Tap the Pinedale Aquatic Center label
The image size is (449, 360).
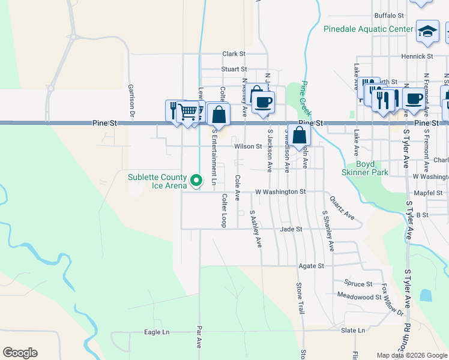368,29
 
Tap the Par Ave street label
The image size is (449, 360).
199,338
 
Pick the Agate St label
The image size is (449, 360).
312,265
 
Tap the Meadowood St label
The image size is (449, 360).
360,296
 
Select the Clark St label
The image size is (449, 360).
234,53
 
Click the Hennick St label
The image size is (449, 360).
418,56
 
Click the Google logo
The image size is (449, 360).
20,353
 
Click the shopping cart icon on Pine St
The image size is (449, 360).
188,111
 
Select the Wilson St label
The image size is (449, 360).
248,146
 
